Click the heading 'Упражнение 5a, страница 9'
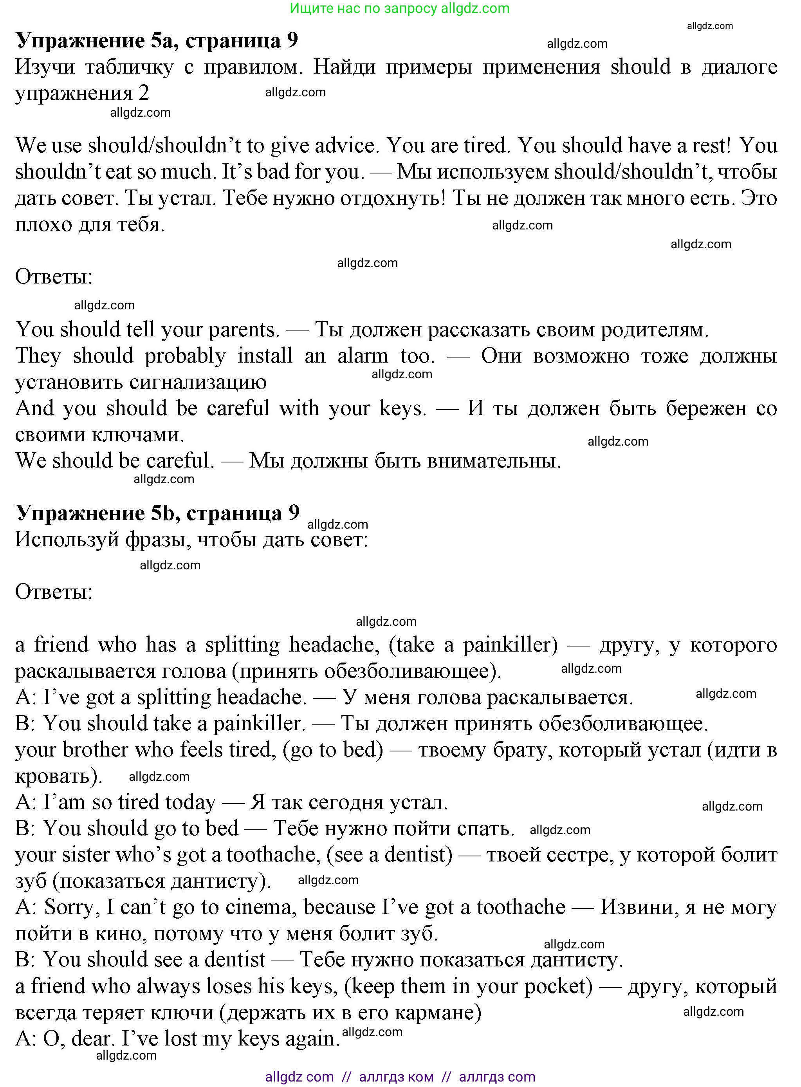click(157, 41)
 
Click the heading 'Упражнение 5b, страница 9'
click(158, 513)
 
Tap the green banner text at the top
click(400, 8)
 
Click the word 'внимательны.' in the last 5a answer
click(494, 460)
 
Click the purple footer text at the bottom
click(400, 1077)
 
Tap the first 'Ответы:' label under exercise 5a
click(53, 277)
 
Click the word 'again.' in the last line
click(312, 1039)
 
